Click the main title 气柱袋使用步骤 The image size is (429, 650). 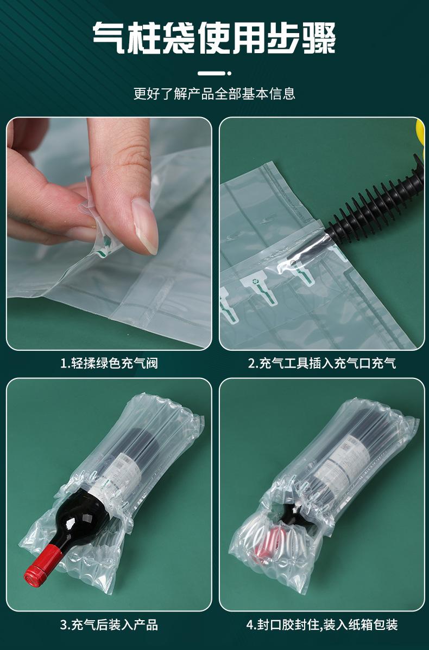214,38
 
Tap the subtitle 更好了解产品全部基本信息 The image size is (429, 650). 214,93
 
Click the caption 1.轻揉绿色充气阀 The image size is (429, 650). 109,364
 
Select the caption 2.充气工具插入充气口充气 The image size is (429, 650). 322,364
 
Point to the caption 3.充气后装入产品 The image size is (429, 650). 109,625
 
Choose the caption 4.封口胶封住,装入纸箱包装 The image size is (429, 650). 322,625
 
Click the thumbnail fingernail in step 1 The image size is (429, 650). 145,225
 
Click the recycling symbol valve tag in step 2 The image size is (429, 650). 260,286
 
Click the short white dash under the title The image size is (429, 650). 211,73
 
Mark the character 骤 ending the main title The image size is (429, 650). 319,38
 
